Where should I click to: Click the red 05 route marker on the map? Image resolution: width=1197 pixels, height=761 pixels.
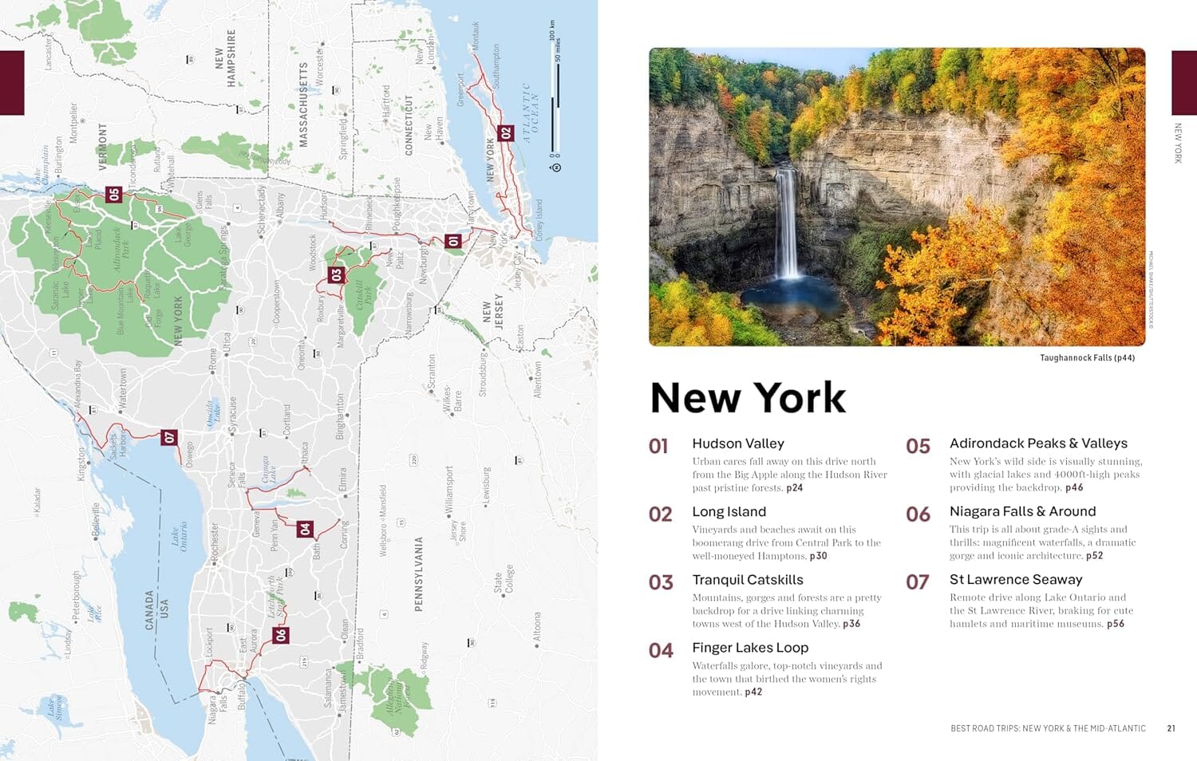click(113, 194)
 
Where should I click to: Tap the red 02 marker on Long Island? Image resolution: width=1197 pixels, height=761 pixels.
click(505, 133)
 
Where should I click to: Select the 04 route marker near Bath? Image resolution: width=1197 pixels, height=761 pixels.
click(305, 529)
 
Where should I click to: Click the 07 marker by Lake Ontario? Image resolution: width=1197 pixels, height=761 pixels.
click(168, 437)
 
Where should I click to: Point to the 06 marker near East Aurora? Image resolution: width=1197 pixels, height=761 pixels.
click(280, 635)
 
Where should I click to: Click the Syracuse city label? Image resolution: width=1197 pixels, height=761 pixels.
click(232, 416)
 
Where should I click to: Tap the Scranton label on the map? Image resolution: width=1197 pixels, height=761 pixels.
click(432, 372)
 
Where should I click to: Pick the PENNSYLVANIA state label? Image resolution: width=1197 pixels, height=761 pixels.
click(418, 574)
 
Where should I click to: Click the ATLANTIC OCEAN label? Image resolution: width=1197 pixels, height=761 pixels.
click(531, 112)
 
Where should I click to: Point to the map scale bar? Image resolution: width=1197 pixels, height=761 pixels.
click(556, 96)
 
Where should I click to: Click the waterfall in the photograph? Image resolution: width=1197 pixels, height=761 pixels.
click(788, 223)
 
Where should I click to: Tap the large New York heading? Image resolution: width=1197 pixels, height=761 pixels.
click(748, 397)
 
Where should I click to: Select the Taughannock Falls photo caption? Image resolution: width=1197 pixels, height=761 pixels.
click(1087, 358)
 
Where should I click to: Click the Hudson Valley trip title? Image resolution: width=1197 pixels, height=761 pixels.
click(738, 444)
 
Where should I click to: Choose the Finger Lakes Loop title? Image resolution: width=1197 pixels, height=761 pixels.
click(750, 648)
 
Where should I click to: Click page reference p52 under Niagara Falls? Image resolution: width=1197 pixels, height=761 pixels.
click(1094, 556)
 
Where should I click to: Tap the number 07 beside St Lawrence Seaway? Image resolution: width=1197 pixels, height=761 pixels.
click(918, 582)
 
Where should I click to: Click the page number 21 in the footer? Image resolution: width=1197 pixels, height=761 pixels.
click(1171, 728)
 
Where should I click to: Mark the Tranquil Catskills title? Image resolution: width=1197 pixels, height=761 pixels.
click(748, 580)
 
